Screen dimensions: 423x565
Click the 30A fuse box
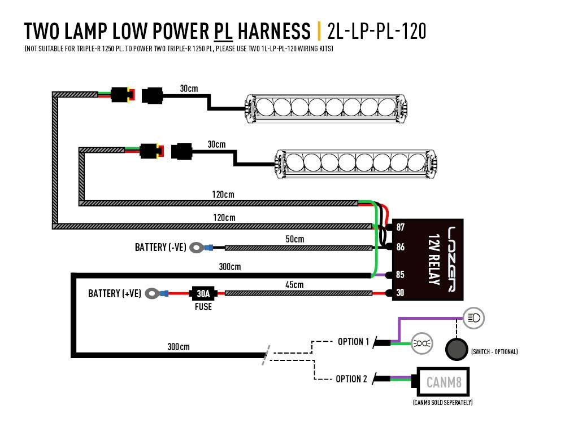point(203,293)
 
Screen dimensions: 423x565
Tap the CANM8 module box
point(444,384)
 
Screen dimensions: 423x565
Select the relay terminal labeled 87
point(399,228)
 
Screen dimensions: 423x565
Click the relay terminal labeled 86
point(399,247)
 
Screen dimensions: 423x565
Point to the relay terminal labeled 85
point(399,275)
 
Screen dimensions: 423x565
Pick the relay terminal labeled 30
point(399,293)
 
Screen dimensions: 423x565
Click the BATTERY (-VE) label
point(160,247)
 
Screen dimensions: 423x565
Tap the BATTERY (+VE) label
point(115,293)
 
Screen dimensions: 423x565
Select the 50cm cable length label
point(294,239)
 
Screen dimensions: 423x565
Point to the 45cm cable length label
point(294,285)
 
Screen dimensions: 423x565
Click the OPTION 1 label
point(353,342)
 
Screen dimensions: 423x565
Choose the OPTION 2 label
point(351,378)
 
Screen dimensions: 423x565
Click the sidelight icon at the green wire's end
point(420,342)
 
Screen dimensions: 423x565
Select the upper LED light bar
point(325,107)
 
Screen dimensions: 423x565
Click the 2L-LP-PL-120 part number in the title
point(377,32)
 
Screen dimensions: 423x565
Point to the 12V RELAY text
point(433,259)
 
